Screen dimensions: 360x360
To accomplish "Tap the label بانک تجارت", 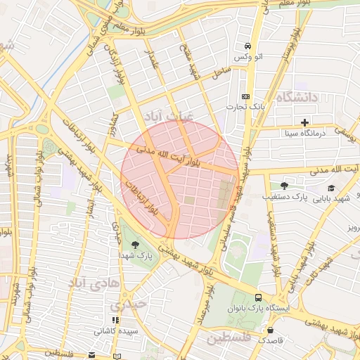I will tap(245, 107).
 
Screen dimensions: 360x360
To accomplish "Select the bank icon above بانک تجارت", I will tap(245, 96).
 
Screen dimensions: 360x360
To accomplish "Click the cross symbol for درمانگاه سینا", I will tap(304, 122).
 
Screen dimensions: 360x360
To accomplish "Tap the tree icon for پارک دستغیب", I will tap(284, 186).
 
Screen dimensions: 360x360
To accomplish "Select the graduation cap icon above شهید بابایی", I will tap(330, 188).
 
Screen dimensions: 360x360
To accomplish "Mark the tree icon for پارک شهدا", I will tap(134, 244).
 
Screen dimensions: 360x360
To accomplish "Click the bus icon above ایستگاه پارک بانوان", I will tap(258, 297).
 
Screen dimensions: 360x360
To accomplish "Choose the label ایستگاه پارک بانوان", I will tap(256, 309).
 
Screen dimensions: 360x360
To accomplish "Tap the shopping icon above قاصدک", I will tap(269, 329).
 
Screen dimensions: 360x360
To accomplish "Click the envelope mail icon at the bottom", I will tap(91, 355).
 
